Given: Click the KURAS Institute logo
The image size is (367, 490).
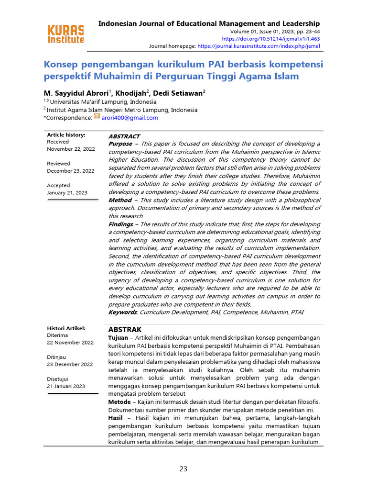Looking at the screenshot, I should [x=66, y=33].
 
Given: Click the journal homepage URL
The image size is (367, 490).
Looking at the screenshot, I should [x=259, y=46].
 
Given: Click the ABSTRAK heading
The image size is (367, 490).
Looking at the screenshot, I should [x=125, y=330].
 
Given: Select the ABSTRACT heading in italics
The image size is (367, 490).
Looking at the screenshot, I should [x=124, y=136].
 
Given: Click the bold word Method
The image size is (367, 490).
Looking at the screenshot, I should [x=120, y=200].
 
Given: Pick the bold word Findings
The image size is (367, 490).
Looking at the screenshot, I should [x=120, y=224].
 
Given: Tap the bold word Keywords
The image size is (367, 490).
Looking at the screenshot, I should [x=123, y=312].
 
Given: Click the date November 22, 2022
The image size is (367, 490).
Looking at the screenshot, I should [x=71, y=149].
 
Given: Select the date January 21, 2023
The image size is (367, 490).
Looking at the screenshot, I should [x=67, y=193].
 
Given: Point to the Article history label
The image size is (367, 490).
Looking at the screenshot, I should [x=66, y=135].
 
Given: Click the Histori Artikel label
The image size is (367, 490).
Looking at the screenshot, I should [x=66, y=328].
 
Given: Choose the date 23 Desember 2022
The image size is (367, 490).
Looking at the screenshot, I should [x=70, y=364].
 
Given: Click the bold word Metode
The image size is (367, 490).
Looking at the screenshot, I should [x=119, y=401].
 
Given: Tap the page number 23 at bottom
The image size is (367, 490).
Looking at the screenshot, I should [x=183, y=469].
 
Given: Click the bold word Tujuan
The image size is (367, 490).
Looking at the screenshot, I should [x=118, y=338].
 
